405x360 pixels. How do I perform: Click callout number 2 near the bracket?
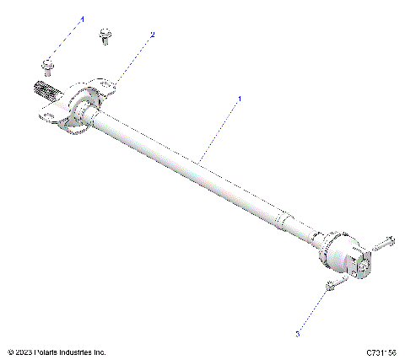(x=153, y=35)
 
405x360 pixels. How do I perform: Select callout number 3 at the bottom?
(x=297, y=334)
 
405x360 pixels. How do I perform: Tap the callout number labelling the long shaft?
(x=239, y=99)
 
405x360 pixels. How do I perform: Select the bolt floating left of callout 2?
(x=105, y=35)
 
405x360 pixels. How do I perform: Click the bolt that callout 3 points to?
(x=330, y=287)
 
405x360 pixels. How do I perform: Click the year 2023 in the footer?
(x=23, y=352)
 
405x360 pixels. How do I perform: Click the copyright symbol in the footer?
(x=9, y=352)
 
